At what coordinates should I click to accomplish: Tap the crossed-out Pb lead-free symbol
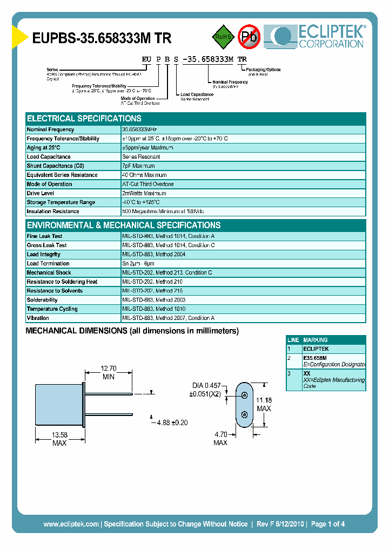(x=249, y=37)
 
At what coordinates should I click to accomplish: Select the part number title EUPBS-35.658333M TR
(x=102, y=38)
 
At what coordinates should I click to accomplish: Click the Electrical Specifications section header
(x=84, y=119)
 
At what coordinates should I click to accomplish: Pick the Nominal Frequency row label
(x=51, y=129)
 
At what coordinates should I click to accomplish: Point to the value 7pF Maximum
(x=138, y=166)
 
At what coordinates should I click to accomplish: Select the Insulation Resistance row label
(x=53, y=211)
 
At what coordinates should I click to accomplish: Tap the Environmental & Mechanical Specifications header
(x=124, y=226)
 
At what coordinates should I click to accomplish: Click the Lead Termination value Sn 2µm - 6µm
(x=141, y=263)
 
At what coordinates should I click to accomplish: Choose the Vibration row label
(x=38, y=318)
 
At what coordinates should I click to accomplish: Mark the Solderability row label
(x=42, y=300)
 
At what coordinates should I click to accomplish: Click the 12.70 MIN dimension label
(x=108, y=373)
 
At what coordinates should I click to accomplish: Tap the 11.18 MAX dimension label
(x=263, y=404)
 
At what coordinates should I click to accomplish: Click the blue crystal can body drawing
(x=58, y=404)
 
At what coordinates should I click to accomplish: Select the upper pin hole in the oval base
(x=245, y=395)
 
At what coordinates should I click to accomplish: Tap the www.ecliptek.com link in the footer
(x=71, y=524)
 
